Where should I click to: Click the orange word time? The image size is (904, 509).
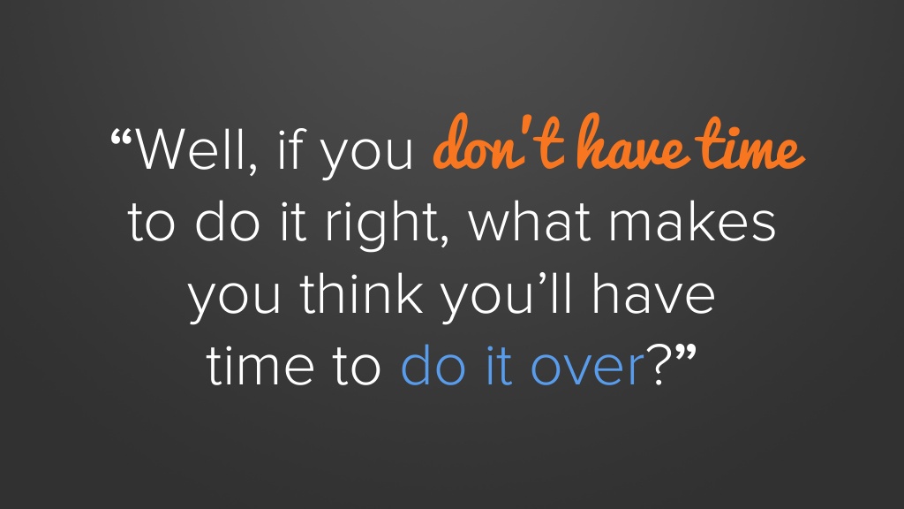pos(750,144)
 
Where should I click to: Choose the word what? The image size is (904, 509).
pos(530,221)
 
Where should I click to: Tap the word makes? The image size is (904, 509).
pos(693,221)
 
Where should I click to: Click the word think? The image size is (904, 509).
pos(361,293)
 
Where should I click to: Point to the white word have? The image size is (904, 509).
pos(654,293)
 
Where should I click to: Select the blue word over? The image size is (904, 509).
pos(587,370)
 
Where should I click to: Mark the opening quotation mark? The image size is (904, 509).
pos(122,137)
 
